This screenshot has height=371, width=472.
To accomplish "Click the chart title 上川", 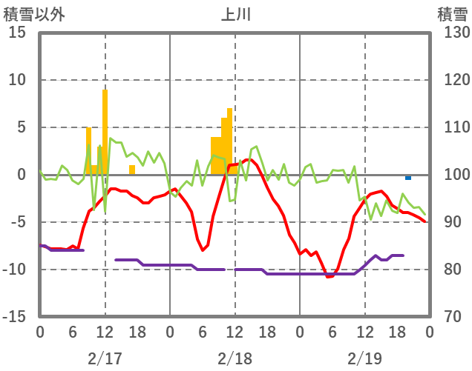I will pos(235,14).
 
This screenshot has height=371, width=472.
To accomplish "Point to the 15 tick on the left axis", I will pos(18,33).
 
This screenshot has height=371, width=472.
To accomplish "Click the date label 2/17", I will pos(105,358).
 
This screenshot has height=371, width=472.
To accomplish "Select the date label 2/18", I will pos(235,358).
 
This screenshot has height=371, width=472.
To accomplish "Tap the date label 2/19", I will pos(364,358).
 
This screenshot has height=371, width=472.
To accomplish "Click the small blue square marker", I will pos(408,178).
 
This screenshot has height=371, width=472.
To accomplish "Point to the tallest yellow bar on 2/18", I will pos(230,141).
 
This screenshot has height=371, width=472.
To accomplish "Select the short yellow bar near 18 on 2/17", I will pos(132,170).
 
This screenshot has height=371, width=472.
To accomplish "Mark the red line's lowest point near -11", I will pos(328,276).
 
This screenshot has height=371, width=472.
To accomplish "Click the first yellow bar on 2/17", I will pos(89,151).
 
